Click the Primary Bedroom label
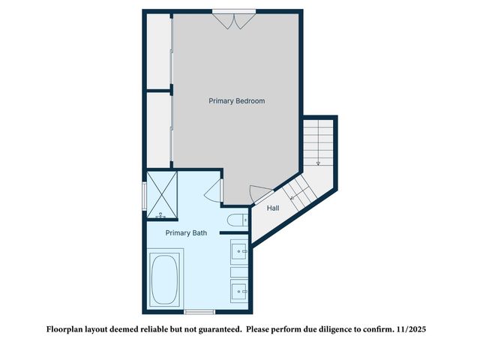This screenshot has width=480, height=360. [x=236, y=100]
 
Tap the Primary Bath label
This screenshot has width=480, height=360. [x=187, y=233]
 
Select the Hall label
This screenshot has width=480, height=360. [x=273, y=208]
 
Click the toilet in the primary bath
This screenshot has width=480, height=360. [x=236, y=220]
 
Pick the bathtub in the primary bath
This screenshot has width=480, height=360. [x=165, y=279]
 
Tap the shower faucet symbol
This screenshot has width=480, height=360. [x=160, y=216]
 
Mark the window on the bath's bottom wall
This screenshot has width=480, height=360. [x=199, y=311]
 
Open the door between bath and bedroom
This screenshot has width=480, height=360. [x=212, y=190]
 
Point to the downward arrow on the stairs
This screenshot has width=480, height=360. [x=318, y=158]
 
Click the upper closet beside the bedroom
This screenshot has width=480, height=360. [x=158, y=51]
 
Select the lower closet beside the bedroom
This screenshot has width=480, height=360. [x=158, y=129]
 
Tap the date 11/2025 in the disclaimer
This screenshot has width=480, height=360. [x=411, y=329]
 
